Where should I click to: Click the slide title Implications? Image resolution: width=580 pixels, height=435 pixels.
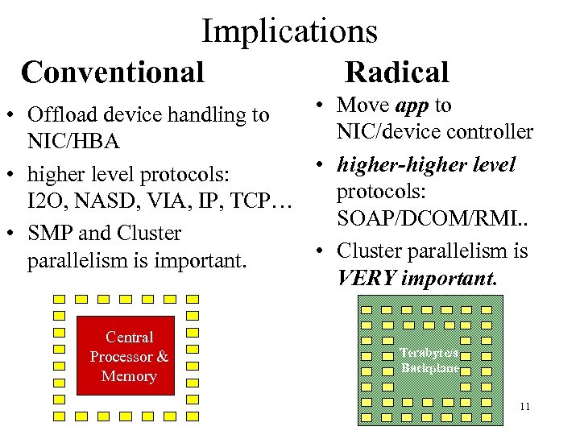coord(289,31)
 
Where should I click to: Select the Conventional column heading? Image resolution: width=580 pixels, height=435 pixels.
coord(113,72)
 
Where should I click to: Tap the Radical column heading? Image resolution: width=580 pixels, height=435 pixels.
coord(396,72)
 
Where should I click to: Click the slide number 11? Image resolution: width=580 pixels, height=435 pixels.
coord(524,406)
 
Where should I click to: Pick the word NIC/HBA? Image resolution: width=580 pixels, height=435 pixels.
coord(73,142)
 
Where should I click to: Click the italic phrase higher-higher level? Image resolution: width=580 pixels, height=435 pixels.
coord(426,165)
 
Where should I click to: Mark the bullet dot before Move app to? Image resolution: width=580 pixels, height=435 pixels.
coord(321,106)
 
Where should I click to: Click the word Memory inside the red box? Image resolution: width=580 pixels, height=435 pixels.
coord(129,376)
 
